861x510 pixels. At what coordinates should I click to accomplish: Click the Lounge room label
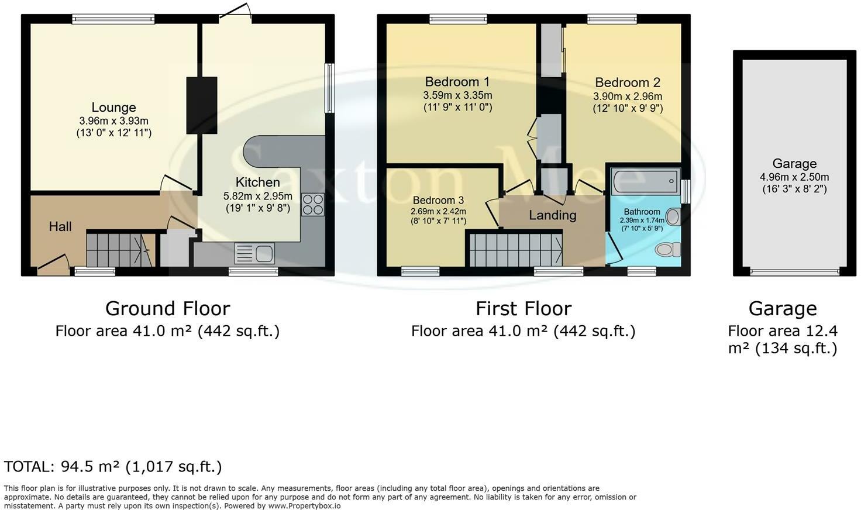[x=114, y=107]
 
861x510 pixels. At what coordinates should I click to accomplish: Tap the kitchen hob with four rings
[x=313, y=205]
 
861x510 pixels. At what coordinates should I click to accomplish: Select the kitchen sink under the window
[x=254, y=253]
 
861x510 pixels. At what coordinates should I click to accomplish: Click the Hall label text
[x=60, y=227]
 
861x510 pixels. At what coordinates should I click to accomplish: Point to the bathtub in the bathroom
[x=645, y=181]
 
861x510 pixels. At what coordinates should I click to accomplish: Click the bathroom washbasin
[x=673, y=216]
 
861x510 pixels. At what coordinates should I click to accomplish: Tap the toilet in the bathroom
[x=667, y=250]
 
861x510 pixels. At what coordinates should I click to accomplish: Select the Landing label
[x=553, y=215]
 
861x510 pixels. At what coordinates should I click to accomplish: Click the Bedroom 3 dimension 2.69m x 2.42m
[x=438, y=211]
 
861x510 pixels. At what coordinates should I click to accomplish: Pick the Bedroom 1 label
[x=457, y=82]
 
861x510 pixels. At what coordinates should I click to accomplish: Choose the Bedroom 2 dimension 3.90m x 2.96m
[x=628, y=96]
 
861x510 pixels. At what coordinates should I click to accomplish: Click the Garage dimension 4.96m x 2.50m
[x=794, y=177]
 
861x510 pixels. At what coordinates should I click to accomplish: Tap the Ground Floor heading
[x=168, y=309]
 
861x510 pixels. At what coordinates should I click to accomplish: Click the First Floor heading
[x=524, y=309]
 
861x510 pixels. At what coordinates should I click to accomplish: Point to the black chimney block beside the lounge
[x=202, y=105]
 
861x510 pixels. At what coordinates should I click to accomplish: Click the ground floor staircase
[x=120, y=250]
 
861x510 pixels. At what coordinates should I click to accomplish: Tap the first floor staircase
[x=516, y=250]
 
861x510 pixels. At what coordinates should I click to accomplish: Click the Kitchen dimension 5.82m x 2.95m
[x=257, y=196]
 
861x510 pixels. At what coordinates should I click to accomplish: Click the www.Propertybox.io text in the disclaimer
[x=304, y=506]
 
